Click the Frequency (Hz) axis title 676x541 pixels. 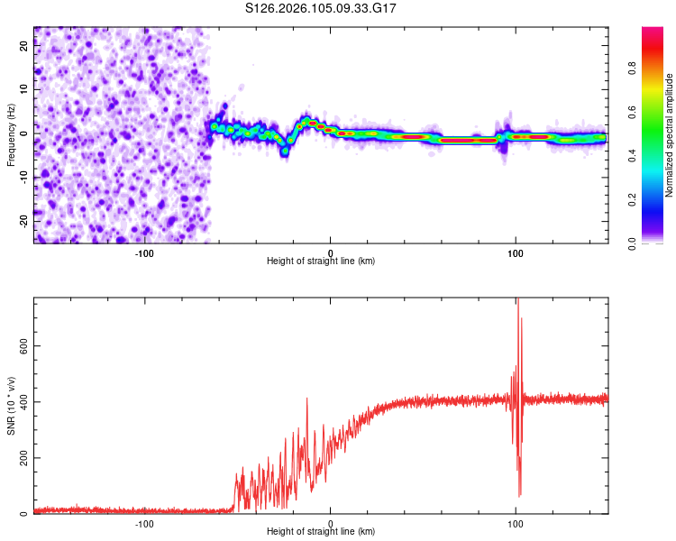pyautogui.click(x=11, y=134)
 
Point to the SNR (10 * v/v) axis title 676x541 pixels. pyautogui.click(x=11, y=405)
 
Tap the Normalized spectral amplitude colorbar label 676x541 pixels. pyautogui.click(x=670, y=135)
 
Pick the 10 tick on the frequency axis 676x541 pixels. pyautogui.click(x=24, y=89)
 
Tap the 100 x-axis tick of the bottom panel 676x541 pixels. pyautogui.click(x=516, y=523)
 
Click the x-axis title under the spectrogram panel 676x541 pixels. pyautogui.click(x=321, y=261)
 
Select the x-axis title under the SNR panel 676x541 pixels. pyautogui.click(x=321, y=532)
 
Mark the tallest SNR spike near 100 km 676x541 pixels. pyautogui.click(x=517, y=300)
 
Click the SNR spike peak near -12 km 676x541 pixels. pyautogui.click(x=307, y=398)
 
